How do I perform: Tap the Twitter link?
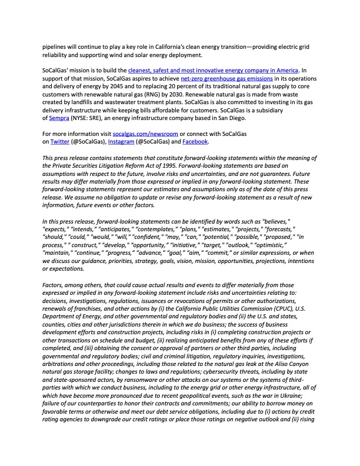[x=58, y=141]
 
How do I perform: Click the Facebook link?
[x=195, y=141]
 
